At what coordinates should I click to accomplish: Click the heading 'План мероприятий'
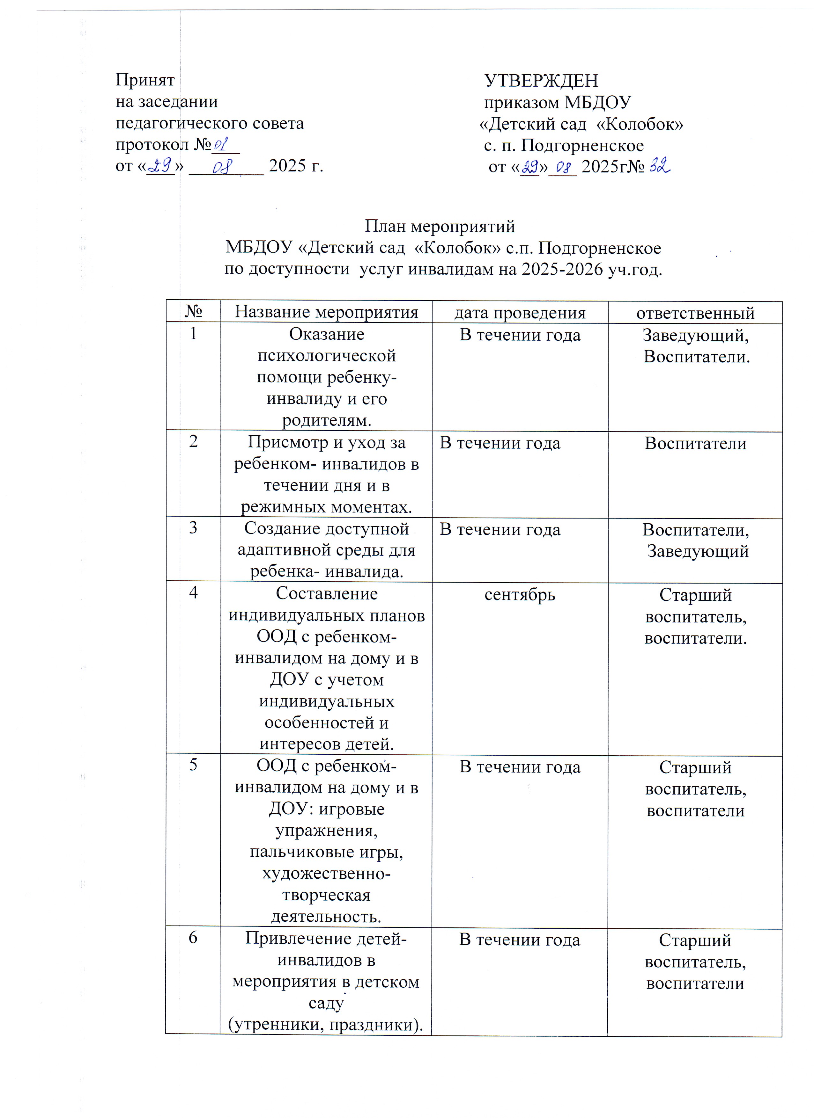click(440, 226)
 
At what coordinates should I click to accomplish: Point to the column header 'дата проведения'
click(520, 313)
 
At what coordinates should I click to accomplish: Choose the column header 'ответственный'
click(695, 313)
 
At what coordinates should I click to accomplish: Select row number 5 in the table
click(193, 765)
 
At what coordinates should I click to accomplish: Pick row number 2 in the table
click(193, 441)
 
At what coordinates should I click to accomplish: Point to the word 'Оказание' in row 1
click(327, 334)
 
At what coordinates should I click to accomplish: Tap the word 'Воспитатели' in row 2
click(695, 443)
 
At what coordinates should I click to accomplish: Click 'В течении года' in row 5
click(520, 767)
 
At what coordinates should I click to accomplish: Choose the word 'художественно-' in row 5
click(326, 874)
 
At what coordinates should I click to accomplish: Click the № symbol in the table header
click(193, 312)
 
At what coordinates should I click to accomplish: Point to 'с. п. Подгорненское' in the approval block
click(563, 145)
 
